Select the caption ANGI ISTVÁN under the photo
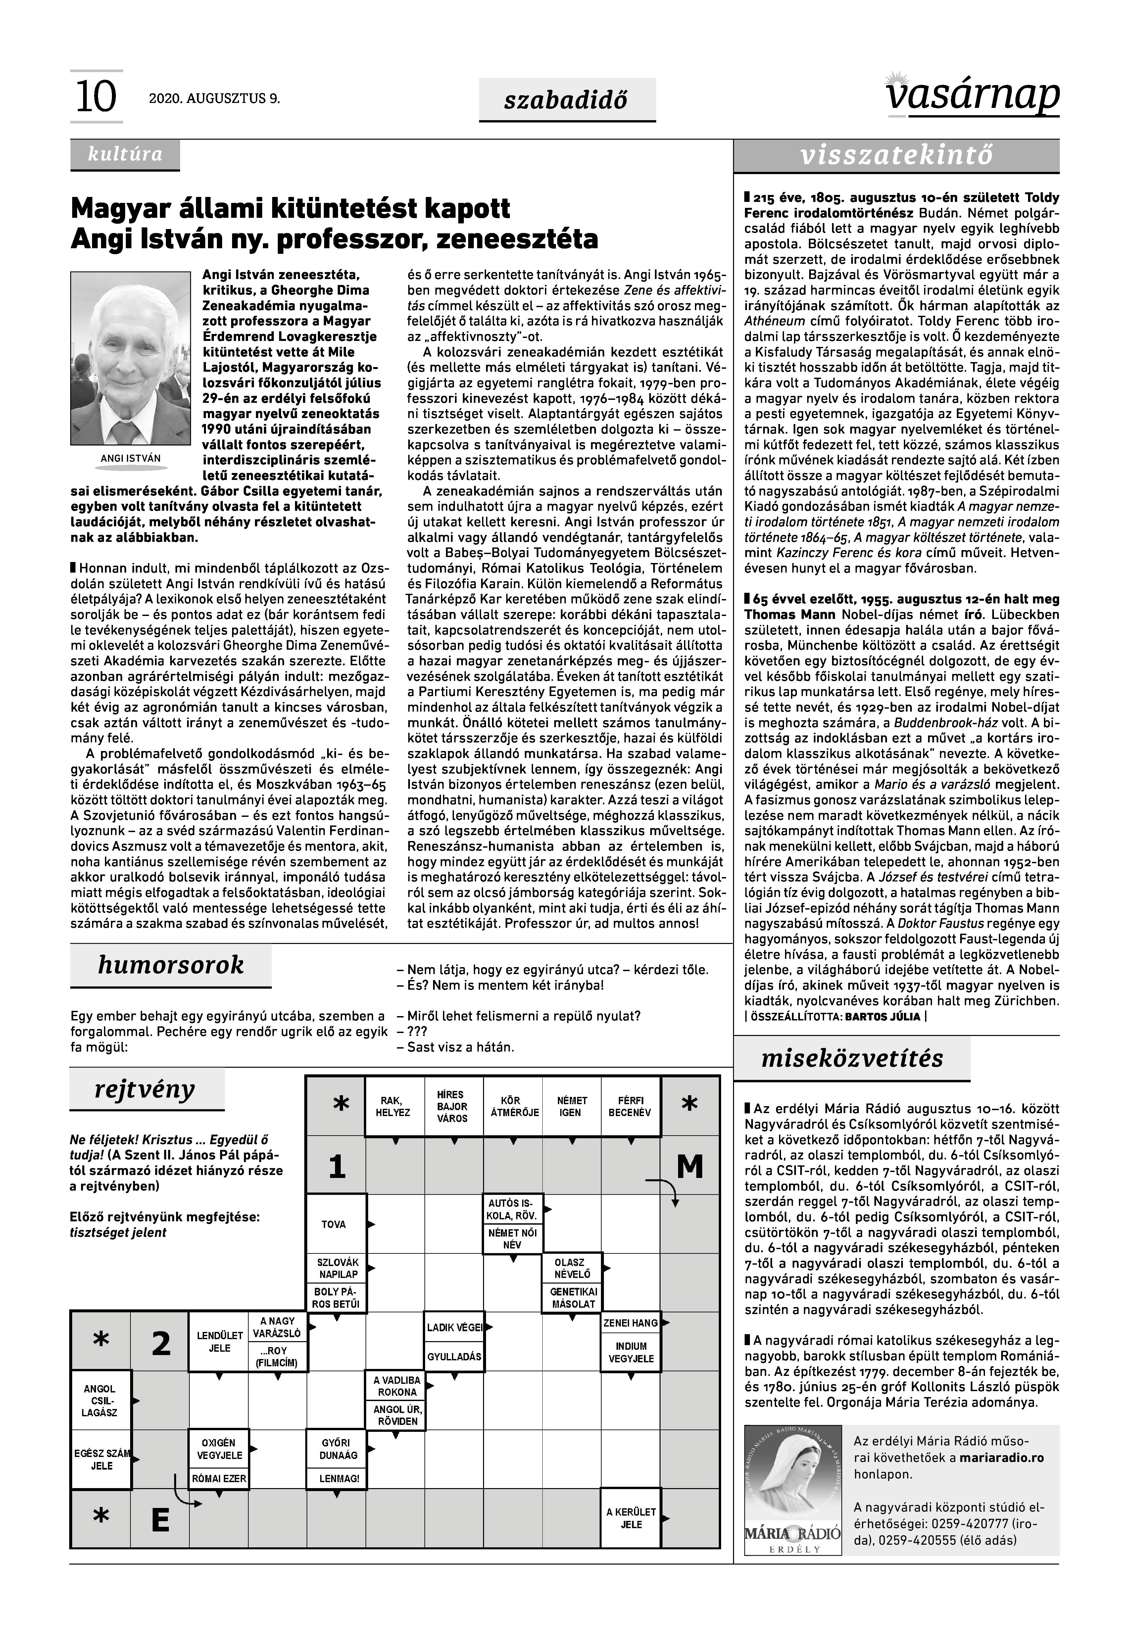coord(131,459)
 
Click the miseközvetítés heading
coord(852,1059)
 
